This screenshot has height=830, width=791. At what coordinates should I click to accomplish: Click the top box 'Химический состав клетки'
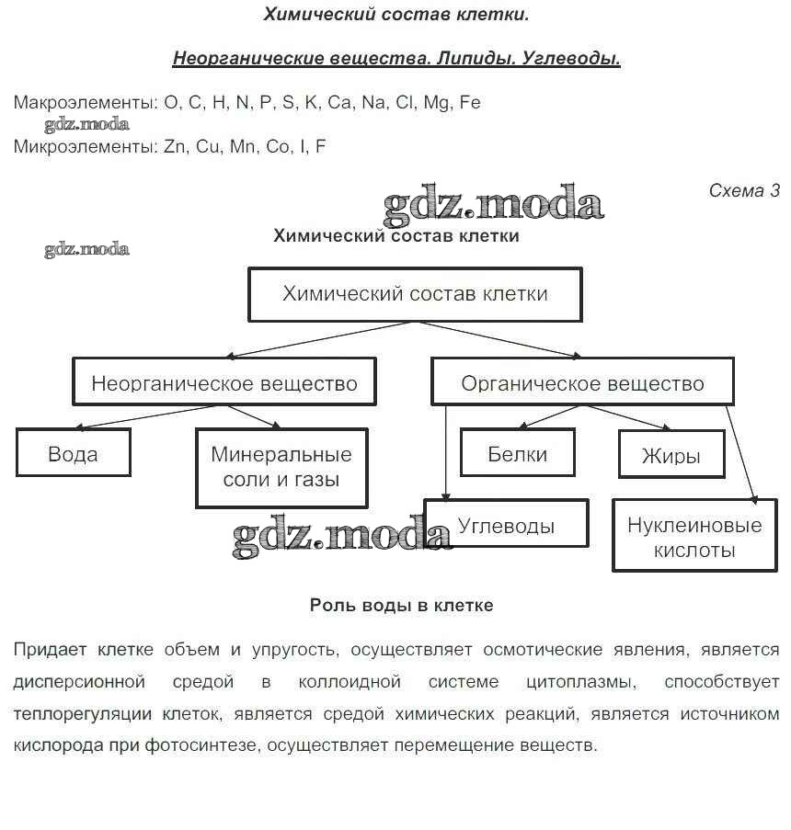415,294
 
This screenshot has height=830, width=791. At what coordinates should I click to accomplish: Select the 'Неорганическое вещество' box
224,382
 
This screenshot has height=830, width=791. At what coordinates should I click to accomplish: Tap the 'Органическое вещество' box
582,382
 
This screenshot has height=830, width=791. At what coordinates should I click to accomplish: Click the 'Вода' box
73,452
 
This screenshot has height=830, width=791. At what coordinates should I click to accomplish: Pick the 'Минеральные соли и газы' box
281,467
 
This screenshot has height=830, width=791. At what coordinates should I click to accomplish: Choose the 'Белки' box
517,453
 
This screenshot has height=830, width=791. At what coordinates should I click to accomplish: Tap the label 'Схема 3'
743,191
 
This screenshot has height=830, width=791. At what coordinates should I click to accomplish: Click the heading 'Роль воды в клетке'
401,606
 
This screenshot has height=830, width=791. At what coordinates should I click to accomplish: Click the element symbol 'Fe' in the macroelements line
469,103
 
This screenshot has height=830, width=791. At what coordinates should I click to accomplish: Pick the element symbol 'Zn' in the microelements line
175,146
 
